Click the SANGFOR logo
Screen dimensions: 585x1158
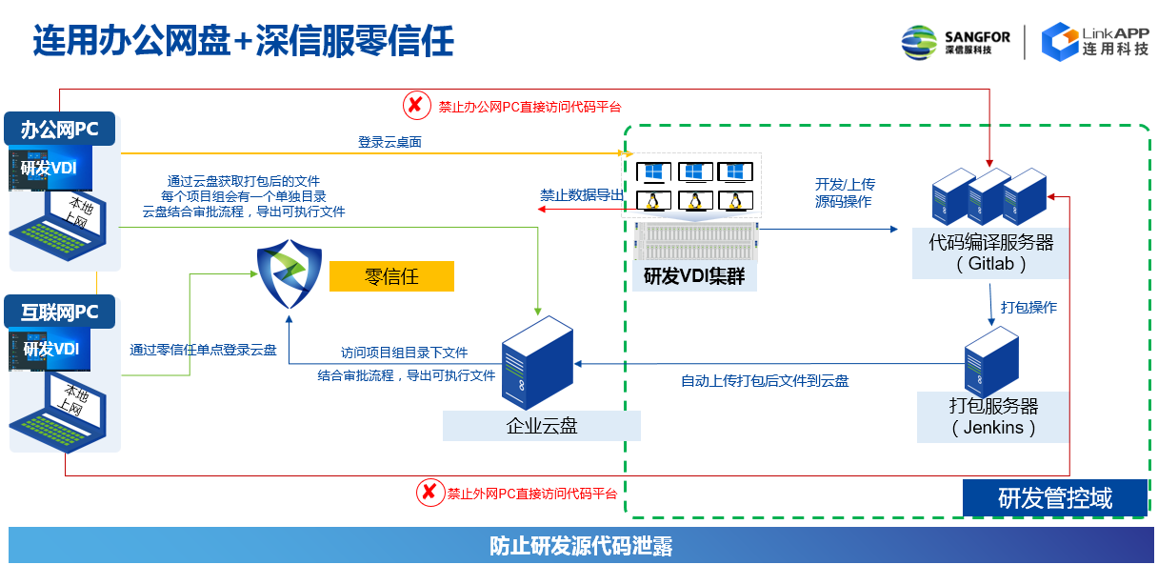click(955, 42)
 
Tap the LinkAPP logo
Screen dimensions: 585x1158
click(1094, 41)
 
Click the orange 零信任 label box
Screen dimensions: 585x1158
click(391, 277)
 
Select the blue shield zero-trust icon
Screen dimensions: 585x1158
click(289, 275)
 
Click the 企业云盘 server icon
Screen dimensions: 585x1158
click(536, 363)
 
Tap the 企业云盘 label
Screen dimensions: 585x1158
click(541, 426)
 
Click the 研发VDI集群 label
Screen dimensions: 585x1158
click(694, 276)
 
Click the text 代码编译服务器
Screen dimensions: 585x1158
click(991, 243)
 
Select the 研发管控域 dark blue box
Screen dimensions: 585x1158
click(1054, 497)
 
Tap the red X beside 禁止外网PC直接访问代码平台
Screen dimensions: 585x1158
click(429, 493)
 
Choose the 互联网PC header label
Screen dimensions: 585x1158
click(60, 312)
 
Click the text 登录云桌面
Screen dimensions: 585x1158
click(389, 142)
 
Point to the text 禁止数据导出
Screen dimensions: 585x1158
click(583, 195)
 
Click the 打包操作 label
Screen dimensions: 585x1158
click(1028, 308)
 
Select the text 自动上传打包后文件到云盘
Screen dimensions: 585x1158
click(764, 381)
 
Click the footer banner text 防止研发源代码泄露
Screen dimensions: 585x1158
click(581, 547)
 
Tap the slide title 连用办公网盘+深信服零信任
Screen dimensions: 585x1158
click(243, 41)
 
